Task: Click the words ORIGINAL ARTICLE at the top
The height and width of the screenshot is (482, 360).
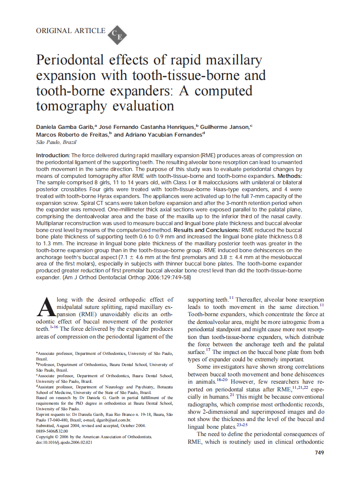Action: tap(70, 31)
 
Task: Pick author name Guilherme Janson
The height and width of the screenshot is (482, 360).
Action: tap(225, 127)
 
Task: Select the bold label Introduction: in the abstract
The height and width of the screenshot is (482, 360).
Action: tap(53, 155)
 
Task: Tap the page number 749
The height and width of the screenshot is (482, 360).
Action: tap(319, 452)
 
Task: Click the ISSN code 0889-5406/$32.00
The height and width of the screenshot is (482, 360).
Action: tap(52, 431)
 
